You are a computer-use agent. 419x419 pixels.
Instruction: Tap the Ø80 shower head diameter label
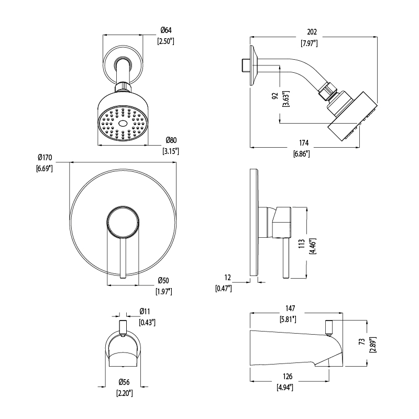[171, 140]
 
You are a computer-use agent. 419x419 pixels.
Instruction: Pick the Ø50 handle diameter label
[163, 281]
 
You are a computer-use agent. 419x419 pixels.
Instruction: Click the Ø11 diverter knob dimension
[146, 312]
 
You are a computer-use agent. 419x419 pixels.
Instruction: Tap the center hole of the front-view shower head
[123, 124]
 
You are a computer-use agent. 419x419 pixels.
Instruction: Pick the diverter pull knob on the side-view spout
[330, 326]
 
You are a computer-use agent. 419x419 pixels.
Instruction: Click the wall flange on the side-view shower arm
[253, 64]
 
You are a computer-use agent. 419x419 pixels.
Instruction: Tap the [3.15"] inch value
[171, 151]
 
